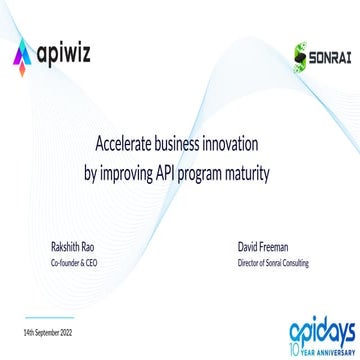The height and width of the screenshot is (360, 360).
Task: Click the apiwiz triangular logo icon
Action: click(x=23, y=51)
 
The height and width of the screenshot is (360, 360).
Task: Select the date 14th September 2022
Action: click(x=47, y=331)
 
